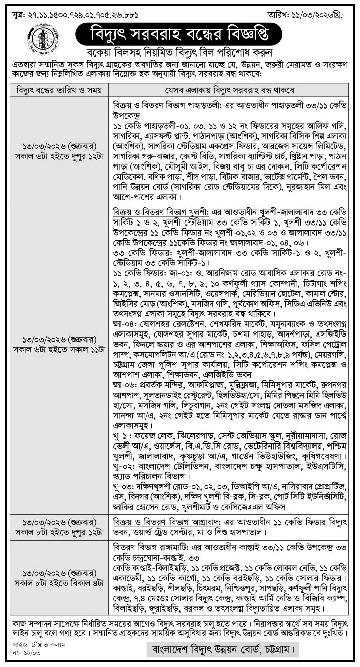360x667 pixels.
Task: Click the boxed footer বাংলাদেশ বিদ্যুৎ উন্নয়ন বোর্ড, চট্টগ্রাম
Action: (x=222, y=649)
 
